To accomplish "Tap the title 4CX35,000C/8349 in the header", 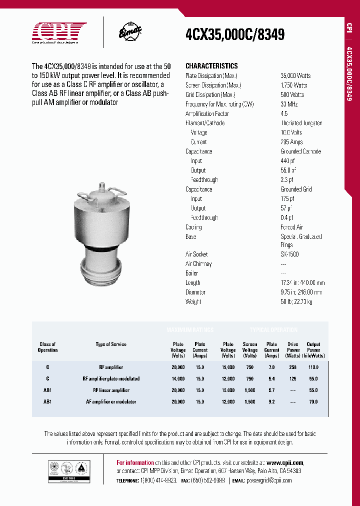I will click(235, 34).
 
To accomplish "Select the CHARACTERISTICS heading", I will click(211, 66).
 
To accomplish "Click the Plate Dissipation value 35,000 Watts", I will click(295, 75).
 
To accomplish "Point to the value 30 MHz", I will click(290, 104).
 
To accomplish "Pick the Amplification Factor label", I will click(207, 113).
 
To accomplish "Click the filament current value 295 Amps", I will click(292, 142).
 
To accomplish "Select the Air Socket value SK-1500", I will click(290, 254).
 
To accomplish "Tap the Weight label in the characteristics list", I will click(193, 302).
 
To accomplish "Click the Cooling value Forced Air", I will click(292, 227).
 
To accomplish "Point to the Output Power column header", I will click(313, 350).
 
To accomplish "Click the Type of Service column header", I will click(111, 344).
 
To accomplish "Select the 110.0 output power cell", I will click(313, 367).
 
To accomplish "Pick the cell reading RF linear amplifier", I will click(111, 390).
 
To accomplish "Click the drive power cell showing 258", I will click(293, 367).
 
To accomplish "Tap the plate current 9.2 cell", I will click(272, 402).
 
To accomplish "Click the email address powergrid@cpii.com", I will click(269, 480).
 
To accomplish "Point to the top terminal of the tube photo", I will click(102, 186).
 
